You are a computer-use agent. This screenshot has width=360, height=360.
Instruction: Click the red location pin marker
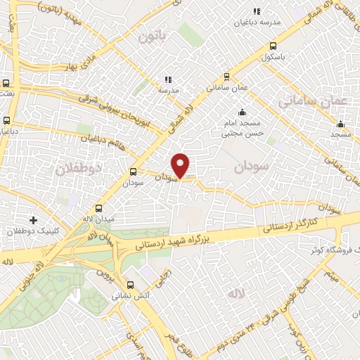pyautogui.click(x=181, y=165)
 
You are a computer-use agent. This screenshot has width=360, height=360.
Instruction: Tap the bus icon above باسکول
pyautogui.click(x=273, y=46)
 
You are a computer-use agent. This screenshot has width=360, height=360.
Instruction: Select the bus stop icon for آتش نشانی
pyautogui.click(x=130, y=285)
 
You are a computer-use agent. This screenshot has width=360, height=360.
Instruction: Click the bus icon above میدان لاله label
pyautogui.click(x=98, y=208)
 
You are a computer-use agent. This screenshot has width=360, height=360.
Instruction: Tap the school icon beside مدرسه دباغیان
pyautogui.click(x=257, y=11)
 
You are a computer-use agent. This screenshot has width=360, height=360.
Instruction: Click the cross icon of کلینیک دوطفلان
pyautogui.click(x=33, y=220)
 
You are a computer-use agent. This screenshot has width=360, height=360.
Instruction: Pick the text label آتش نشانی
pyautogui.click(x=131, y=296)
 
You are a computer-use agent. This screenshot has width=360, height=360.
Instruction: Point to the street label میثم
pyautogui.click(x=331, y=276)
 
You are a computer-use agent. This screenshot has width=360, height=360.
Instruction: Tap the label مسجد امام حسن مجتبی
pyautogui.click(x=243, y=127)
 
